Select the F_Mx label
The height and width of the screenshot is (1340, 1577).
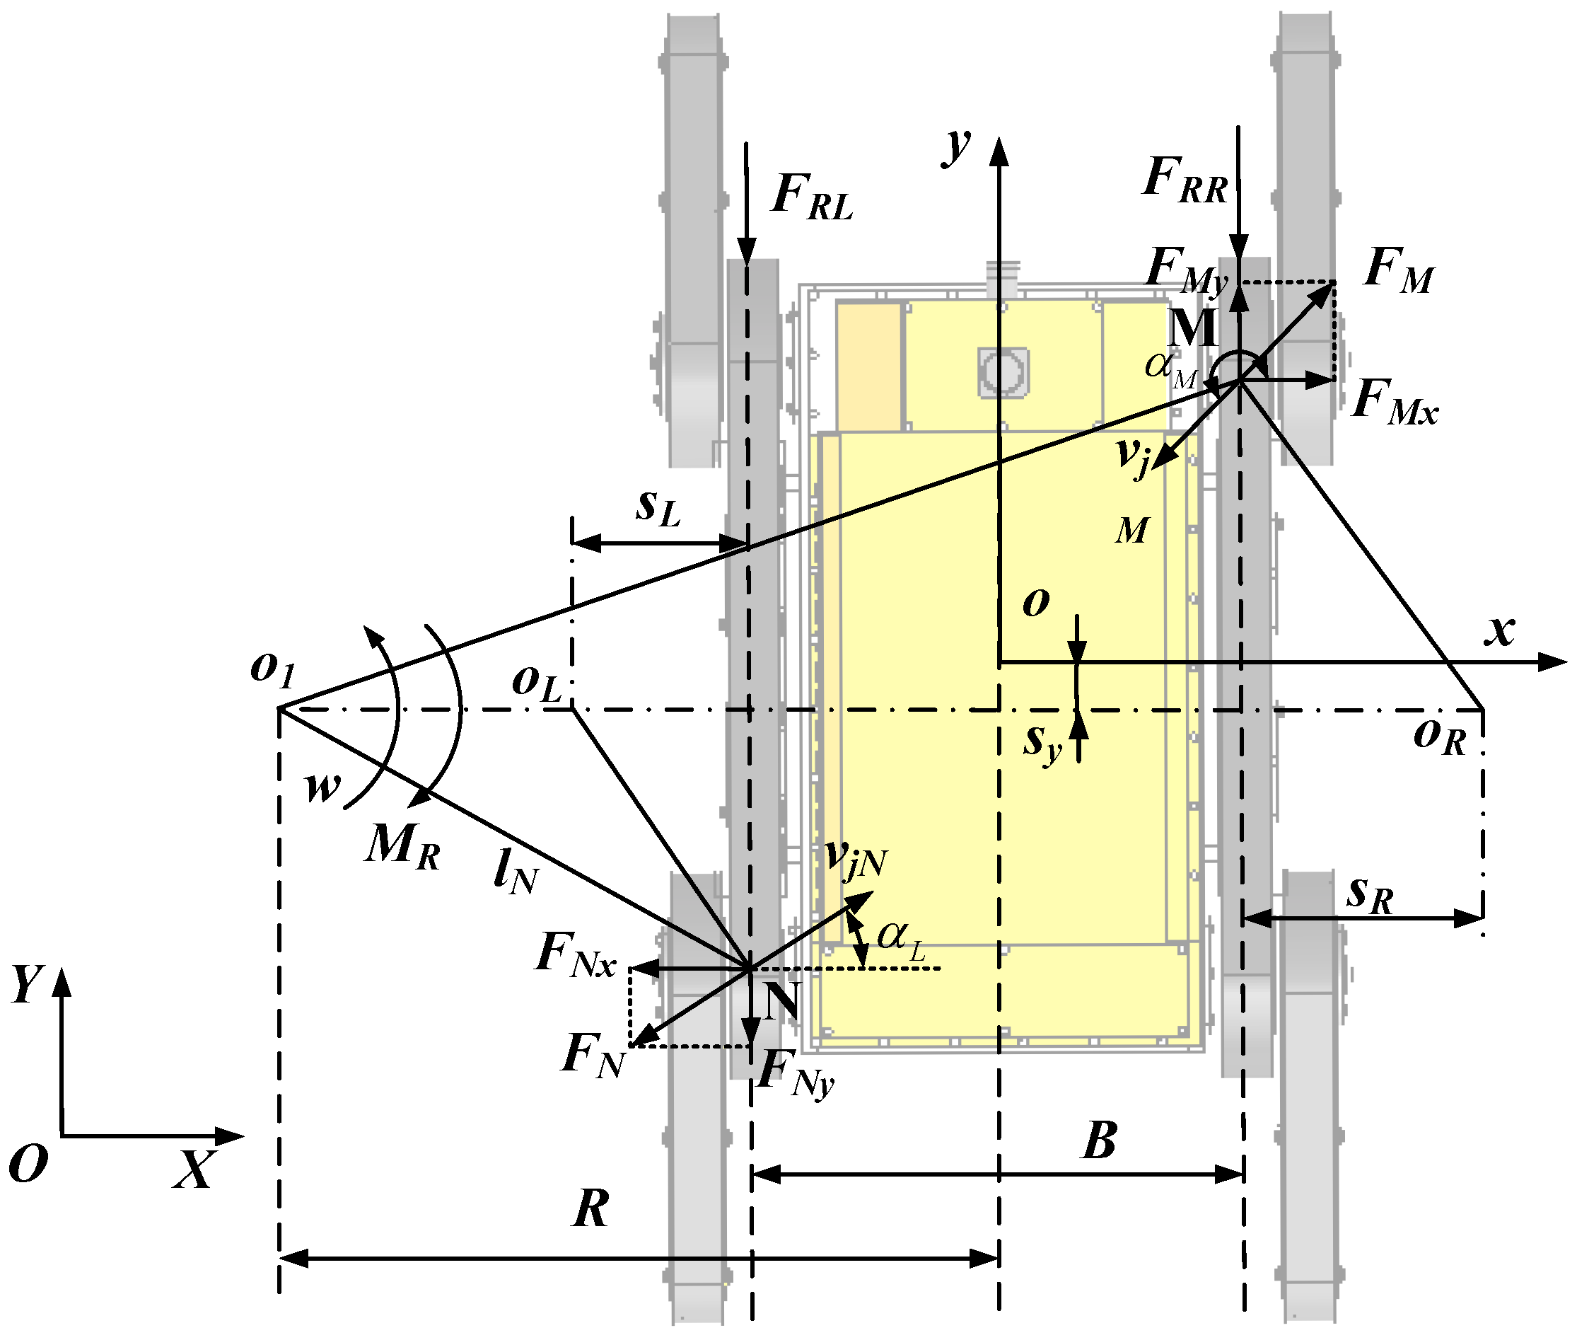pos(1394,402)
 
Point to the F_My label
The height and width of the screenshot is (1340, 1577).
pos(1186,271)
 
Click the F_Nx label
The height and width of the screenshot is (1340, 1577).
pos(575,956)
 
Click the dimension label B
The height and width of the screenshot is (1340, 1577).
pos(1099,1141)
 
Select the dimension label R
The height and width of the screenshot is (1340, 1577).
pos(590,1208)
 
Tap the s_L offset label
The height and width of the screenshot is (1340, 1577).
pos(658,507)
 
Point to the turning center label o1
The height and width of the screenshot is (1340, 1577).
pos(272,669)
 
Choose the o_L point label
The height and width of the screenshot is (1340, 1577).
pos(536,682)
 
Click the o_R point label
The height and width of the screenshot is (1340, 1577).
pos(1439,735)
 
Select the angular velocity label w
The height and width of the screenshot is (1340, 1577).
pos(322,787)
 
